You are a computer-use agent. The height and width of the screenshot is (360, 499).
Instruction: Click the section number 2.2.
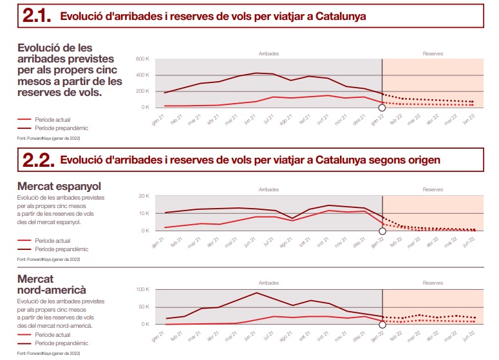coord(37,158)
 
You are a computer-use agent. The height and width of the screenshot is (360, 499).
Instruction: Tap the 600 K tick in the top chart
coord(142,59)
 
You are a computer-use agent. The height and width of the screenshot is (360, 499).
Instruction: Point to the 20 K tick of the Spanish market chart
coord(144,196)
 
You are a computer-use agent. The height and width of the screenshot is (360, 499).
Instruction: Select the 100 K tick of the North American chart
coord(142,289)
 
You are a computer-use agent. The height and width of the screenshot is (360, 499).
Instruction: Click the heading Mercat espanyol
coord(59,186)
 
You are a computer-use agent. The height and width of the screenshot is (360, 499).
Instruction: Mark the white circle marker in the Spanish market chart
coord(382,231)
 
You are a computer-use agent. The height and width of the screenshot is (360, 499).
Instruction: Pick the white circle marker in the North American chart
coord(382,325)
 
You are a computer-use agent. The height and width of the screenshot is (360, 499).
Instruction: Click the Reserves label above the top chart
coord(433,53)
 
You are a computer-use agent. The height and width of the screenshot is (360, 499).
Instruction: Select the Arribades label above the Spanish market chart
coord(268,190)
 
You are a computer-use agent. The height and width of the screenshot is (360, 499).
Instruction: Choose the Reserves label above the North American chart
coord(433,283)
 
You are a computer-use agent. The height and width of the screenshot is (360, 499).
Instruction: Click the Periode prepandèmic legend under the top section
coord(61,128)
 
